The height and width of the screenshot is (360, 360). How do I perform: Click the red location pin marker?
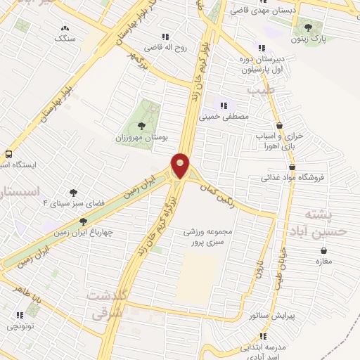pyautogui.click(x=181, y=166)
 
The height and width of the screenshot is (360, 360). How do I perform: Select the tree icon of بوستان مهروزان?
pyautogui.click(x=143, y=126)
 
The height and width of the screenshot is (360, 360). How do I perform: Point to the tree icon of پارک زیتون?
pyautogui.click(x=308, y=27)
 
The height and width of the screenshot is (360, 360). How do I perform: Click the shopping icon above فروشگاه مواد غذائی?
pyautogui.click(x=291, y=167)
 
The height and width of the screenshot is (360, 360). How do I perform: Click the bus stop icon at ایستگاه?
pyautogui.click(x=8, y=154)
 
